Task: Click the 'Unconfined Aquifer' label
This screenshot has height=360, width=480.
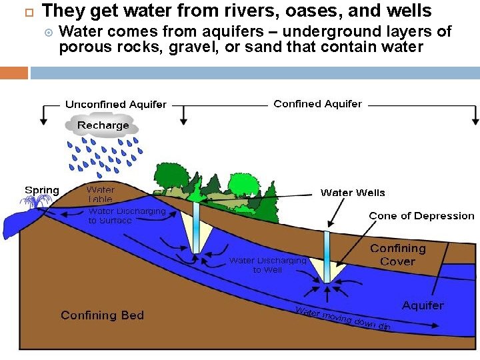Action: coord(116,105)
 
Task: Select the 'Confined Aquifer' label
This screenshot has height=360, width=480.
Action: coord(317,104)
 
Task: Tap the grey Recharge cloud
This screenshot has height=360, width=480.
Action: coord(103,125)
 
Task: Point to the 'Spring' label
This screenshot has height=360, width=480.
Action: coord(41,191)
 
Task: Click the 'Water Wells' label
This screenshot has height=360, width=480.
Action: coord(353,193)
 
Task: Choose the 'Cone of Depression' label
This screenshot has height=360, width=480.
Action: coord(421,216)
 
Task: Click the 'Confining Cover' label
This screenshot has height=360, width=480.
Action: coord(397,255)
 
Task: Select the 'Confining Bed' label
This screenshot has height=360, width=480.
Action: coord(102,315)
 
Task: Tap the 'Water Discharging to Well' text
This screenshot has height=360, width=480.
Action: coord(267,265)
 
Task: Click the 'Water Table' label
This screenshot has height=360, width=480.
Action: coord(100,195)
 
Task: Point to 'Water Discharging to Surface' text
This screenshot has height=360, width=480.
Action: coord(127,216)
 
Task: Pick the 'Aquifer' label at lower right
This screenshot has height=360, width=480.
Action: coord(423,305)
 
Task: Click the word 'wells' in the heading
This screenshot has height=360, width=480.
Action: coord(409,11)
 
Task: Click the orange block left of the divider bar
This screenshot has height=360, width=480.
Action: coord(14,72)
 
